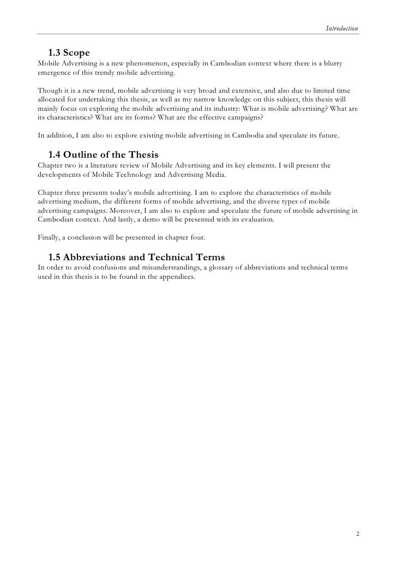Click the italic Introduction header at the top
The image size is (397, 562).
pos(342,28)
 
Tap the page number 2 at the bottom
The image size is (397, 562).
pos(357,534)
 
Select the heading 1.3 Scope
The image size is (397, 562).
pos(68,53)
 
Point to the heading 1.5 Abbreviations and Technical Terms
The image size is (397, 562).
pos(136,256)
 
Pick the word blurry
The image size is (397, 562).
pos(333,64)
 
